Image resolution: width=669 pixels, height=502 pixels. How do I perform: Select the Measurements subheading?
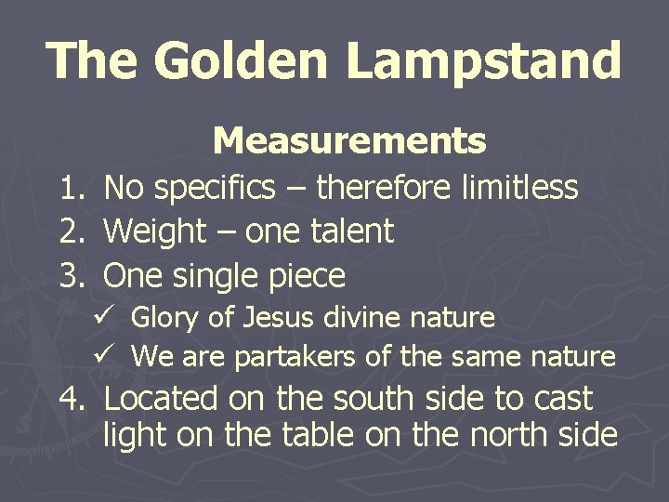click(x=348, y=141)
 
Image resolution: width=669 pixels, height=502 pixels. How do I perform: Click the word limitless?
click(x=519, y=189)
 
